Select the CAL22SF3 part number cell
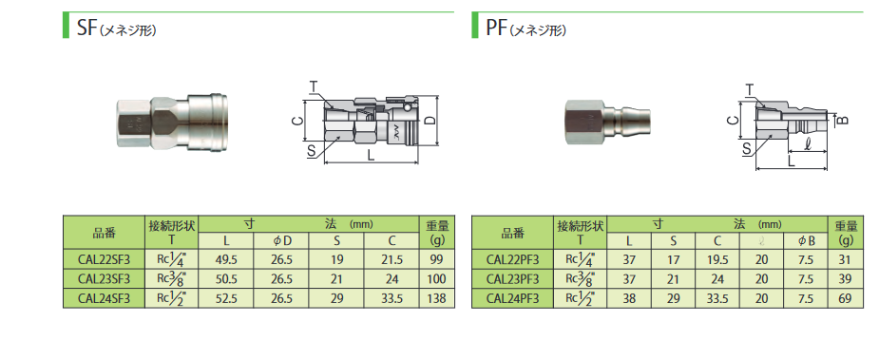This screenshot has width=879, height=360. pyautogui.click(x=104, y=259)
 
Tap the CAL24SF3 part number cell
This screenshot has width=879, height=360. pyautogui.click(x=104, y=298)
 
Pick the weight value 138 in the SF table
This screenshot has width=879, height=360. pyautogui.click(x=437, y=298)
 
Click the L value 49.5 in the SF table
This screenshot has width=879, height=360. pyautogui.click(x=226, y=259)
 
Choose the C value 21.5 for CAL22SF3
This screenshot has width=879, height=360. pyautogui.click(x=392, y=259)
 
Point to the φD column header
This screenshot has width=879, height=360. pyautogui.click(x=282, y=240)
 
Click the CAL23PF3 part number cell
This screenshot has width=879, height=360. pyautogui.click(x=513, y=278)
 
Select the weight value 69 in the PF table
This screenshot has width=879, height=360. pyautogui.click(x=846, y=298)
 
